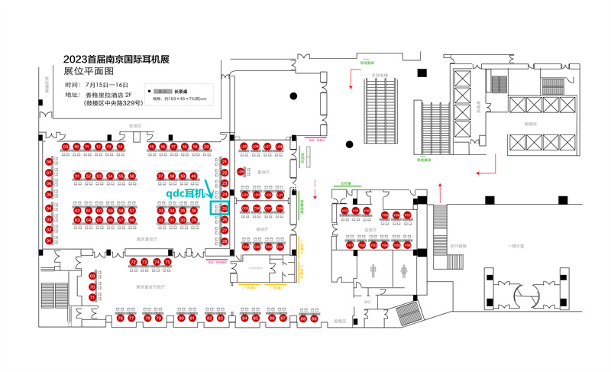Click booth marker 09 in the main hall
(x=66, y=147)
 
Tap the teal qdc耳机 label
(x=186, y=194)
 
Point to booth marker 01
(x=49, y=241)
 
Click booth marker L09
(x=241, y=171)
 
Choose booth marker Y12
(x=344, y=210)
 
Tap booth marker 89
(x=314, y=318)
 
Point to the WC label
(x=367, y=302)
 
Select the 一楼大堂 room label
(x=517, y=246)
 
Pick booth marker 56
(x=132, y=176)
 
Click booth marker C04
(x=245, y=247)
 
